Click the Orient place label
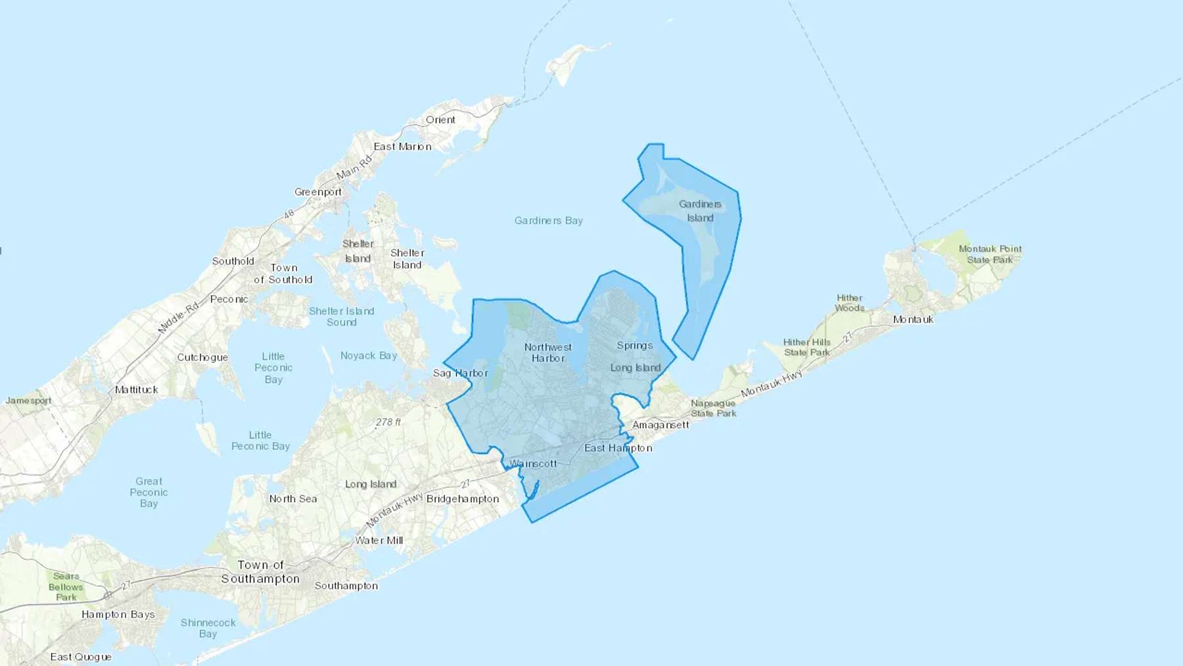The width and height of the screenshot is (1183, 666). point(440,120)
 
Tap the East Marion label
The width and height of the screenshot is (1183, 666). point(402,147)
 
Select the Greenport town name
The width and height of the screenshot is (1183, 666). point(318,192)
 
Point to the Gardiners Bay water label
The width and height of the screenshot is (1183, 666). point(548,221)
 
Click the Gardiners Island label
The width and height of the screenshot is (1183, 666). point(700,211)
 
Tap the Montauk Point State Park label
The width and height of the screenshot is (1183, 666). point(990,254)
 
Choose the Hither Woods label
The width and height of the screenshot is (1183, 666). point(849,303)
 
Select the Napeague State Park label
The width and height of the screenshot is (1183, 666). point(713,408)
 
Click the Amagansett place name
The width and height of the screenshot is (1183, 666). point(661,425)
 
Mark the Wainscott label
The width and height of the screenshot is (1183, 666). point(534,464)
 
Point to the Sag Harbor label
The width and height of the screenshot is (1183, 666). point(460,373)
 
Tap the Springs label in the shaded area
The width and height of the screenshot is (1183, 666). point(634,345)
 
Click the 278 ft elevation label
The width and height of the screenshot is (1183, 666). point(388,422)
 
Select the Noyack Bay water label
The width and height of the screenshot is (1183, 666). point(369,356)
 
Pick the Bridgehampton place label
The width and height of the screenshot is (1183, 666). point(463,499)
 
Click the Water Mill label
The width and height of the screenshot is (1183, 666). point(379,540)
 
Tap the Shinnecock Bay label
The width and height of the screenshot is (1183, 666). point(208,628)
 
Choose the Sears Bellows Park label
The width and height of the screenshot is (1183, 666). point(66,586)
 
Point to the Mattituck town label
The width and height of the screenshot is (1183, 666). point(136,390)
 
